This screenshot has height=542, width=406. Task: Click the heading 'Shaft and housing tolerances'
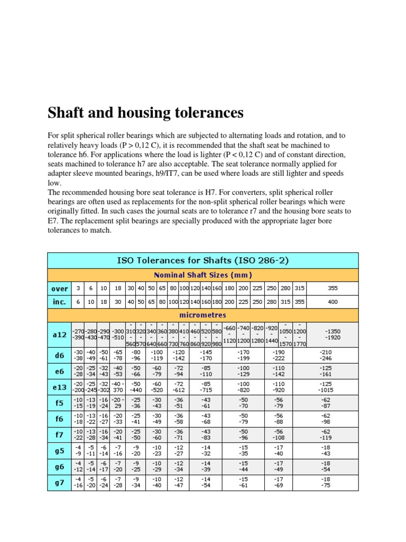point(145,113)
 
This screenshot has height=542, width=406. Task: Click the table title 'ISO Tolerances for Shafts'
point(202,260)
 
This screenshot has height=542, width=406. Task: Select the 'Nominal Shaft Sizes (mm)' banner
point(202,275)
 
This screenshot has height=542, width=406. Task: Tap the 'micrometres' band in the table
point(202,315)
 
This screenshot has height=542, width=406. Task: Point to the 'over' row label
point(59,288)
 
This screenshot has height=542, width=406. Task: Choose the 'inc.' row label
point(59,302)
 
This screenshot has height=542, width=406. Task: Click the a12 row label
point(59,335)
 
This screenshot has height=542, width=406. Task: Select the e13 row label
point(59,387)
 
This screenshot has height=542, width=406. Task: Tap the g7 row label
point(59,483)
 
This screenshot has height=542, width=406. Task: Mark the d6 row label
point(59,355)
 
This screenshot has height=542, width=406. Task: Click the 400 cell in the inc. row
point(333,302)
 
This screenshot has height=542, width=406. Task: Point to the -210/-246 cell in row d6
point(333,355)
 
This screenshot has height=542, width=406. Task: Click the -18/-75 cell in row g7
point(333,483)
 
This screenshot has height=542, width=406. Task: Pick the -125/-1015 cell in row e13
point(333,386)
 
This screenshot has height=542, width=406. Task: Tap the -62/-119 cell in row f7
point(333,435)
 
